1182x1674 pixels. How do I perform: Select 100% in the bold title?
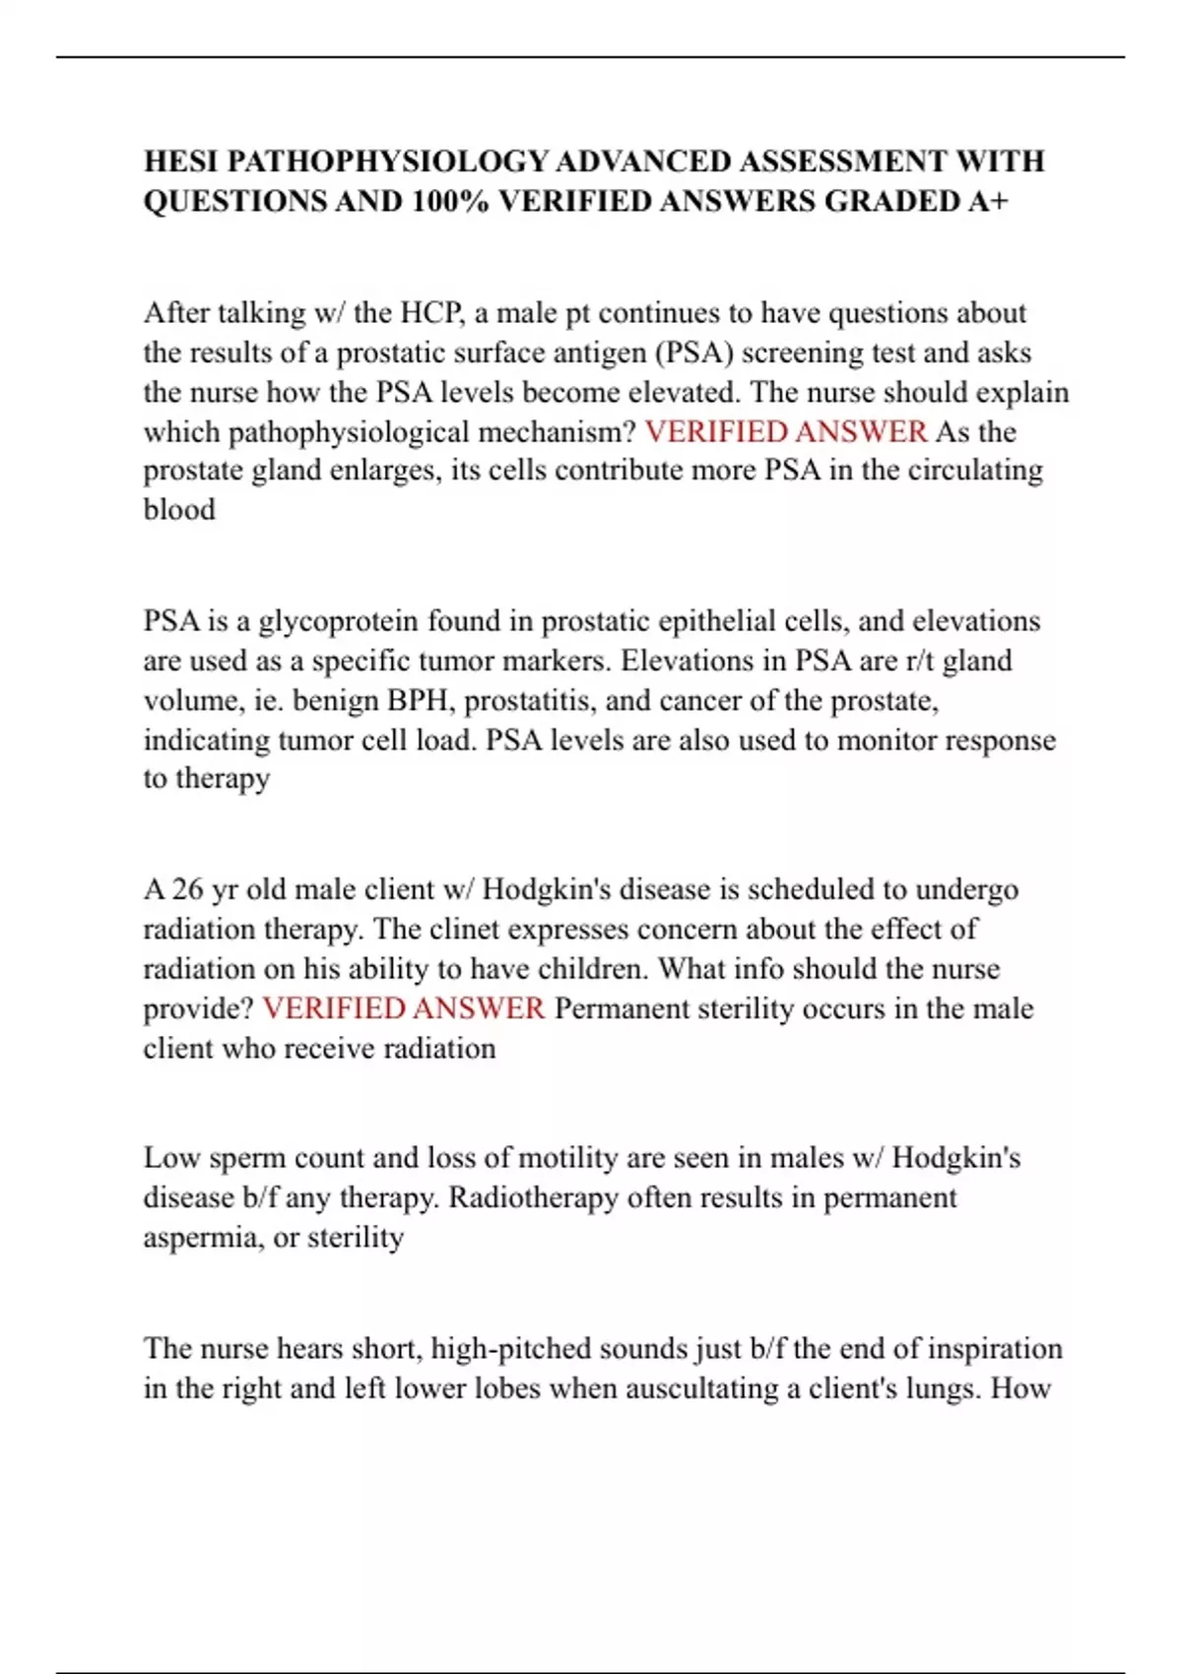[x=450, y=201]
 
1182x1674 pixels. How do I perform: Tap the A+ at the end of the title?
[x=989, y=201]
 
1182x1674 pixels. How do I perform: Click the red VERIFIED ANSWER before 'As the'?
[x=785, y=431]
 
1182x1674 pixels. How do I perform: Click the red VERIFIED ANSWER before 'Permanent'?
[x=403, y=1008]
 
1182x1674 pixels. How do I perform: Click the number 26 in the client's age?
[x=187, y=889]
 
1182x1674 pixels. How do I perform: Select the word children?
[x=589, y=969]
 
